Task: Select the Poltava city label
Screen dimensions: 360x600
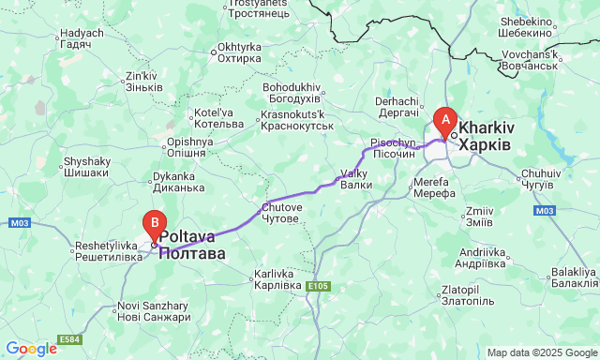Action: coord(192,246)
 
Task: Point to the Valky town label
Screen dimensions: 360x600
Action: coord(356,179)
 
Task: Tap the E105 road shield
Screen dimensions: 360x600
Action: coord(317,285)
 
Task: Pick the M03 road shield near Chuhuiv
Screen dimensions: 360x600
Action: coord(546,211)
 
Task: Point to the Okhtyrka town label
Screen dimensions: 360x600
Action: coord(238,52)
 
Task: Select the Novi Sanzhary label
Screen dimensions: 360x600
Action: coord(155,312)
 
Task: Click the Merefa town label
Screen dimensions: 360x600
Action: coord(434,187)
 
